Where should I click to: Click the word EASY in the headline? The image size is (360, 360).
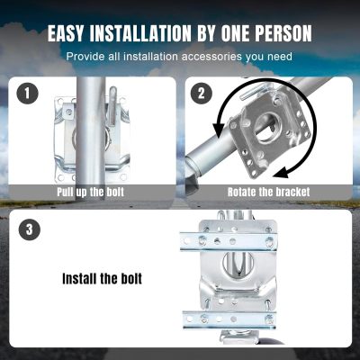[x=66, y=32]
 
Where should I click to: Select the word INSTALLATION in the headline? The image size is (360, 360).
[x=140, y=32]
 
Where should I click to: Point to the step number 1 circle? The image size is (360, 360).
[x=28, y=93]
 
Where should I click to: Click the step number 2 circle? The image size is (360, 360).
[x=202, y=93]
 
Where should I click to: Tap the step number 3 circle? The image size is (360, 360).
[x=29, y=229]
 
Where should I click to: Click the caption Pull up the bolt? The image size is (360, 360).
[x=90, y=192]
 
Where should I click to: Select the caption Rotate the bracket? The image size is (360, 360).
[x=268, y=192]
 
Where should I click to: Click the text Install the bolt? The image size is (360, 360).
[x=102, y=279]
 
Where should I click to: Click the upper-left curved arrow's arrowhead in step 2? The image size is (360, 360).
[x=219, y=130]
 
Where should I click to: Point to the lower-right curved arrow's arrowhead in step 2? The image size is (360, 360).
[x=281, y=173]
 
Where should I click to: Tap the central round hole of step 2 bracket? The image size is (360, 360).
[x=268, y=128]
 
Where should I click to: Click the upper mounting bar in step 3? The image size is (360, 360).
[x=228, y=241]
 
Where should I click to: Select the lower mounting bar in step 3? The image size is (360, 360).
[x=229, y=319]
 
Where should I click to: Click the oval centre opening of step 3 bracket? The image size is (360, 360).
[x=238, y=263]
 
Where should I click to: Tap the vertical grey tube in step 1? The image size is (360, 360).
[x=91, y=134]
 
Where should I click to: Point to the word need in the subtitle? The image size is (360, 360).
[x=280, y=57]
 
